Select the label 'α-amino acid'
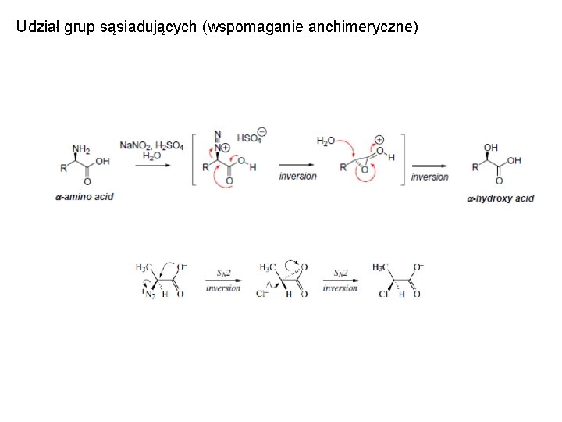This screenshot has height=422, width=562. pyautogui.click(x=84, y=197)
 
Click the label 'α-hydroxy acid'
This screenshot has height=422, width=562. pyautogui.click(x=500, y=198)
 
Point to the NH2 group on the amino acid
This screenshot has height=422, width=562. pyautogui.click(x=81, y=148)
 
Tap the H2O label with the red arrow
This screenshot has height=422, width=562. pyautogui.click(x=326, y=141)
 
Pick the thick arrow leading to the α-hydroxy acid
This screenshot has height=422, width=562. pyautogui.click(x=430, y=166)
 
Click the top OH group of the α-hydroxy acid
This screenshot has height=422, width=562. pyautogui.click(x=491, y=147)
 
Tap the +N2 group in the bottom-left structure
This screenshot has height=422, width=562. pyautogui.click(x=147, y=293)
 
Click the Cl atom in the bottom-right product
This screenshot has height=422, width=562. pyautogui.click(x=382, y=294)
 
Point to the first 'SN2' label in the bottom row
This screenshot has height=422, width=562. pyautogui.click(x=223, y=273)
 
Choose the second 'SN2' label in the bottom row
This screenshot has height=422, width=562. pyautogui.click(x=340, y=273)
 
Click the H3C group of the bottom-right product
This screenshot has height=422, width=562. pyautogui.click(x=381, y=267)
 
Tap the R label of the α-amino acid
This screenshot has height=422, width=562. pyautogui.click(x=64, y=168)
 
